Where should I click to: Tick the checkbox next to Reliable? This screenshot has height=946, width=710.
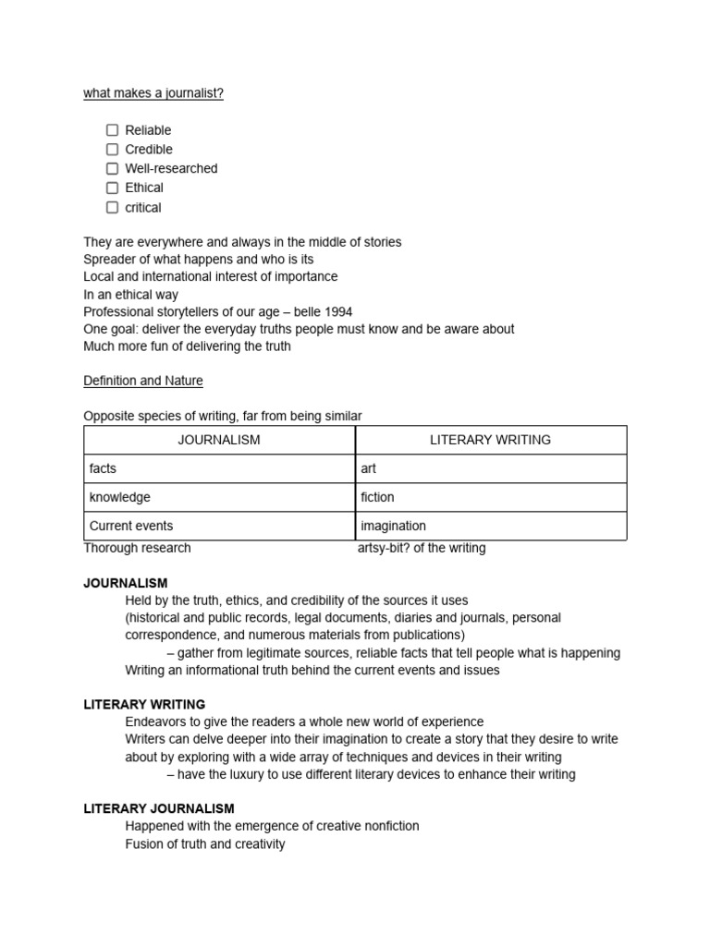pos(112,130)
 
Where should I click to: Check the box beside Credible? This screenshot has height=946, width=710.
pos(112,150)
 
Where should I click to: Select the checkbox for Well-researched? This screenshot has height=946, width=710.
pos(112,169)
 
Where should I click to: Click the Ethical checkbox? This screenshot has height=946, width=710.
pos(112,188)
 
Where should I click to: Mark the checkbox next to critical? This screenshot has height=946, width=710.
pos(112,208)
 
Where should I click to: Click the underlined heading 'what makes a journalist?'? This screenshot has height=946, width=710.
pos(153,93)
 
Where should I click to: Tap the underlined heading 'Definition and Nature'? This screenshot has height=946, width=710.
pos(143,381)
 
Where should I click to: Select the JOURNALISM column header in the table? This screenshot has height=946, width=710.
pos(219,440)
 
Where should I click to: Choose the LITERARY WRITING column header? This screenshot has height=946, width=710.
pos(490,440)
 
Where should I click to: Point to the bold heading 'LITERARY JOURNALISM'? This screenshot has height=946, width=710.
pos(159,808)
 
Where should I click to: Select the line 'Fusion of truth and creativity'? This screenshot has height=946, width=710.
pos(205,843)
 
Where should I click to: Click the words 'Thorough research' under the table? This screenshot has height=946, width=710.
pos(137,548)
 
